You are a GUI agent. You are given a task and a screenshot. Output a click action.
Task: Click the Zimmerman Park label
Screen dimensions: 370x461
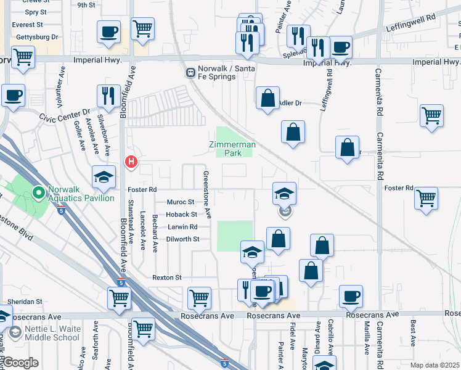229,148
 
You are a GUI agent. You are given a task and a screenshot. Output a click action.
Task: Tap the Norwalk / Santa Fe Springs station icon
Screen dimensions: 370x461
191,73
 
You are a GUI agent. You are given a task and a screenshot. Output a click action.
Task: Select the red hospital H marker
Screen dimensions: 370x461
131,162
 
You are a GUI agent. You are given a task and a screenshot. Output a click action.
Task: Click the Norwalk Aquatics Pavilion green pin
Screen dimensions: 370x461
38,194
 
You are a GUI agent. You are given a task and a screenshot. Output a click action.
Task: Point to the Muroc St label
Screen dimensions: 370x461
181,202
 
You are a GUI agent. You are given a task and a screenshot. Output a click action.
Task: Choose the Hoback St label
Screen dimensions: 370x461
182,215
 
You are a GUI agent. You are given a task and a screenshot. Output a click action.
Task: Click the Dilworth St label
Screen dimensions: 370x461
184,239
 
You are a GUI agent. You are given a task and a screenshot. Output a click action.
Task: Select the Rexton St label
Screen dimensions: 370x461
167,278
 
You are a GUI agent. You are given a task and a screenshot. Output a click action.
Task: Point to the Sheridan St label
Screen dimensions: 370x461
24,302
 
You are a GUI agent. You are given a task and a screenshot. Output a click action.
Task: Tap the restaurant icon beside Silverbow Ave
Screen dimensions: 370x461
108,96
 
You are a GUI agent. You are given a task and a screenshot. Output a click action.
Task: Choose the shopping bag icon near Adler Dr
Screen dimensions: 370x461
268,98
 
